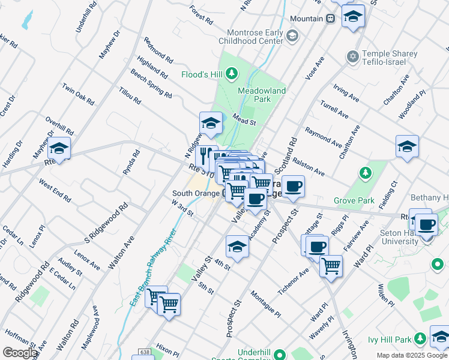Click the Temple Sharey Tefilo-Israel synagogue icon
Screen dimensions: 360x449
click(x=352, y=57)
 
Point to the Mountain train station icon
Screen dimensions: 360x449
click(x=330, y=19)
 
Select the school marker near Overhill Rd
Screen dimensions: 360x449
click(x=59, y=148)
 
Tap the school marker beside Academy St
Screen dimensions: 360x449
click(x=237, y=246)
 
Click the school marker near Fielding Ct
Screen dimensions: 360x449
click(x=407, y=146)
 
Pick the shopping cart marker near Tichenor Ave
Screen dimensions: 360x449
click(x=331, y=265)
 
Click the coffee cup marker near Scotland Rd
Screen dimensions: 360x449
click(x=293, y=186)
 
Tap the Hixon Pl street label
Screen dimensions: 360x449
click(x=167, y=349)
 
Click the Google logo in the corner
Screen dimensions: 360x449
click(x=20, y=353)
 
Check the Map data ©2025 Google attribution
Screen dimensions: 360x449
click(x=411, y=355)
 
